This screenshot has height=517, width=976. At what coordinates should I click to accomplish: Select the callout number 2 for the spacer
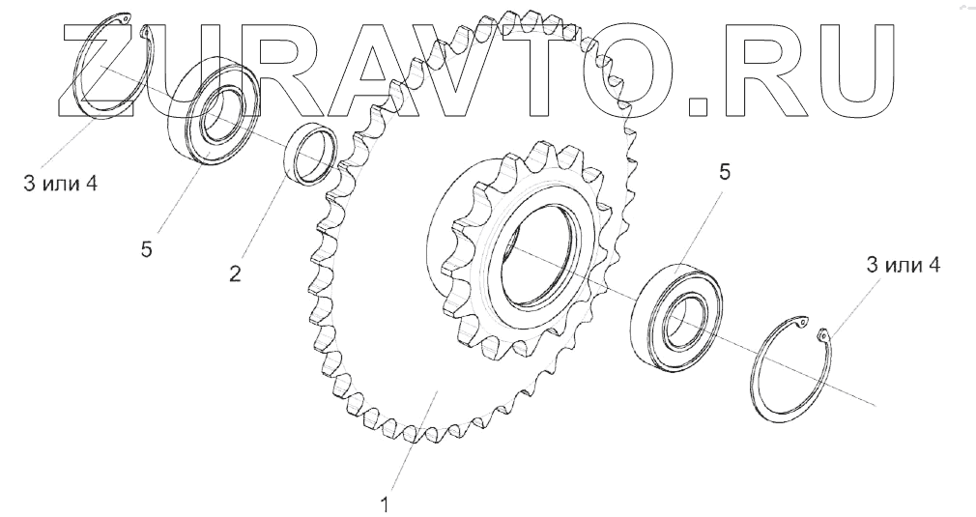(x=235, y=273)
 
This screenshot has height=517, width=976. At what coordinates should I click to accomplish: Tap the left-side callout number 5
(x=146, y=249)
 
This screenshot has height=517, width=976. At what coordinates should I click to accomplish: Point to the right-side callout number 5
(x=725, y=172)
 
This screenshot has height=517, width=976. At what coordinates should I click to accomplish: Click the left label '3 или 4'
(x=60, y=185)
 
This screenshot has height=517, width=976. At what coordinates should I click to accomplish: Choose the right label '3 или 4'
(x=904, y=266)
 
